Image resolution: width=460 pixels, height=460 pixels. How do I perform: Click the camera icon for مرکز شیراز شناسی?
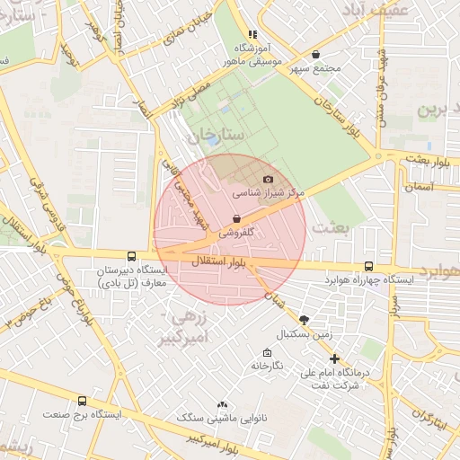click(x=268, y=180)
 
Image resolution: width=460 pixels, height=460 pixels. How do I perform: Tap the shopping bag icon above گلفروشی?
click(x=236, y=218)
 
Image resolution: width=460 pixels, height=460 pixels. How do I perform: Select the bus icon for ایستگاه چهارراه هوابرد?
click(x=369, y=267)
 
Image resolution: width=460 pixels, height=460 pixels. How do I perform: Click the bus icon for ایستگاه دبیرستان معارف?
click(x=132, y=256)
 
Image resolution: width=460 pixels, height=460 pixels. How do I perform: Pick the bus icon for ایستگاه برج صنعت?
click(x=83, y=402)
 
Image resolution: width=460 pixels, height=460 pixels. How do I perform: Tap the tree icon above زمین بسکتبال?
click(x=304, y=320)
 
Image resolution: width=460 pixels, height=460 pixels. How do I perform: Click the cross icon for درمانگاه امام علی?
click(x=334, y=358)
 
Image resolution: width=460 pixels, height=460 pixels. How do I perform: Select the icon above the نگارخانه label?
click(x=267, y=353)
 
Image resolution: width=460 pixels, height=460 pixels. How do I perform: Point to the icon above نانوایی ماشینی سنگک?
click(x=222, y=404)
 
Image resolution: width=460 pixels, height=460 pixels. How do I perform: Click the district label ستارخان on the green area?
click(x=211, y=137)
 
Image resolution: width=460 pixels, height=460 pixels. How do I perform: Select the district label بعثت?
click(x=329, y=228)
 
